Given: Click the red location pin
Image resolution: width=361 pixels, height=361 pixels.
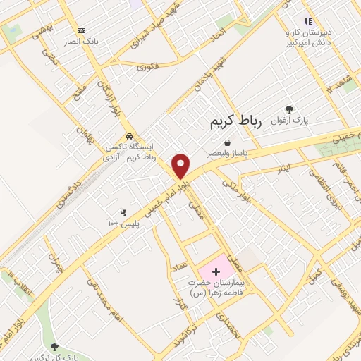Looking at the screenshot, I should [182, 166].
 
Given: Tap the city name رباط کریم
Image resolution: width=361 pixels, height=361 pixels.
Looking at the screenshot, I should [235, 122].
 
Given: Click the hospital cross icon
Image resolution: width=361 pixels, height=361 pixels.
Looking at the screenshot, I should [216, 271].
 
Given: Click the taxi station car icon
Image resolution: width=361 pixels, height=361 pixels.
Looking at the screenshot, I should [129, 136].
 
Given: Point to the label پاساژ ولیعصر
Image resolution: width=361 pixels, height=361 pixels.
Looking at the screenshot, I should [226, 153].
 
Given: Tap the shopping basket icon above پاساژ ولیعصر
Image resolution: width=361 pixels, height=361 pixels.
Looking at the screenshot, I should [226, 143].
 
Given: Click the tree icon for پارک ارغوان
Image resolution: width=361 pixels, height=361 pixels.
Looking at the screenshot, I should [290, 109].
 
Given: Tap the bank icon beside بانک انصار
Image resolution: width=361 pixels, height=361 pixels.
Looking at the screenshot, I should [81, 30].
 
